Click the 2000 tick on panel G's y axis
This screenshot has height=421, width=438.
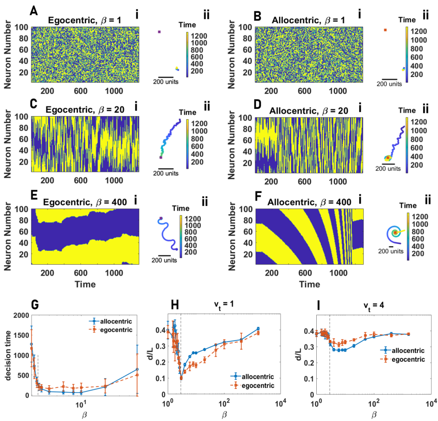(x=21, y=315)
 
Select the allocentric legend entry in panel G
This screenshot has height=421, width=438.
(x=118, y=321)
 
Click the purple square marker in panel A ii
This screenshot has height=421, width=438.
(x=159, y=32)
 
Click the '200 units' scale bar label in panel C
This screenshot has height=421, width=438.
(x=167, y=174)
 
